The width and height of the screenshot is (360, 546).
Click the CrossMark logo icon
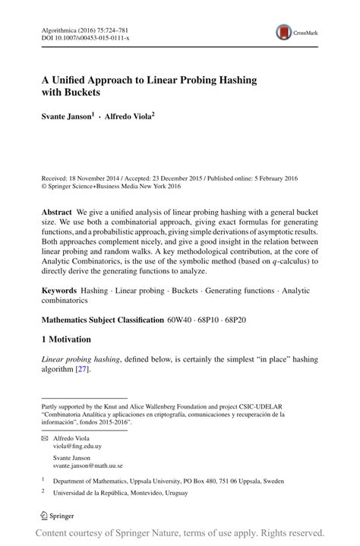pos(285,31)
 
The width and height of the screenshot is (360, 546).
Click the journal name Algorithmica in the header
pos(62,27)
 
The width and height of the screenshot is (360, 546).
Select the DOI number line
pos(84,37)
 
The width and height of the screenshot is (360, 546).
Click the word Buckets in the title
pos(84,93)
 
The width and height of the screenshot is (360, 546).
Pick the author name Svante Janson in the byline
pos(66,118)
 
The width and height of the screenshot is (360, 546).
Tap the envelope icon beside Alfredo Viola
pos(45,439)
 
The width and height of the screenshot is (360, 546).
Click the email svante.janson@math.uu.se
pos(88,466)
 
